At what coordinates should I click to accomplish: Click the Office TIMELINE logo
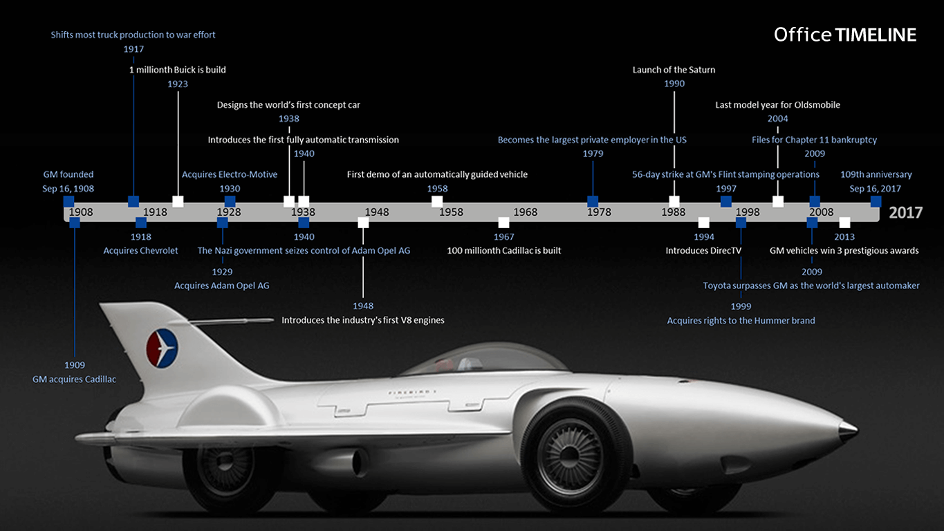[x=844, y=35]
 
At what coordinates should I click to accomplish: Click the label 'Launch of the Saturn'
[x=674, y=70]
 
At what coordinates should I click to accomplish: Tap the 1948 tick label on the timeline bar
[x=377, y=212]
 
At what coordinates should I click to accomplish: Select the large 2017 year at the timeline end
[x=905, y=212]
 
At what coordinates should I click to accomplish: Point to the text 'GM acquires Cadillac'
[x=74, y=379]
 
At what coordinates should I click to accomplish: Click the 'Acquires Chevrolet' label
[x=140, y=250]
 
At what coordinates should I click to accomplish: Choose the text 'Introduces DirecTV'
[x=703, y=250]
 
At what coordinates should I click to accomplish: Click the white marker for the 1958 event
[x=437, y=201]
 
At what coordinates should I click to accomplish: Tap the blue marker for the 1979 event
[x=593, y=201]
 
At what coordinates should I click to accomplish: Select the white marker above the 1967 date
[x=503, y=222]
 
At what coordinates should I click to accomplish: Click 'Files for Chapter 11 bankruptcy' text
[x=814, y=140]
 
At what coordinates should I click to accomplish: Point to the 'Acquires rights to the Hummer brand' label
[x=741, y=320]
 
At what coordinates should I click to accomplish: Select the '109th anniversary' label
[x=876, y=174]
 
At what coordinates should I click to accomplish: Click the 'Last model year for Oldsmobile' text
[x=777, y=105]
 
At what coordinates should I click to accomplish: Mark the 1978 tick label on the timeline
[x=599, y=212]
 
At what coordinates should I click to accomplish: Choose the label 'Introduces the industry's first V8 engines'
[x=362, y=320]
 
